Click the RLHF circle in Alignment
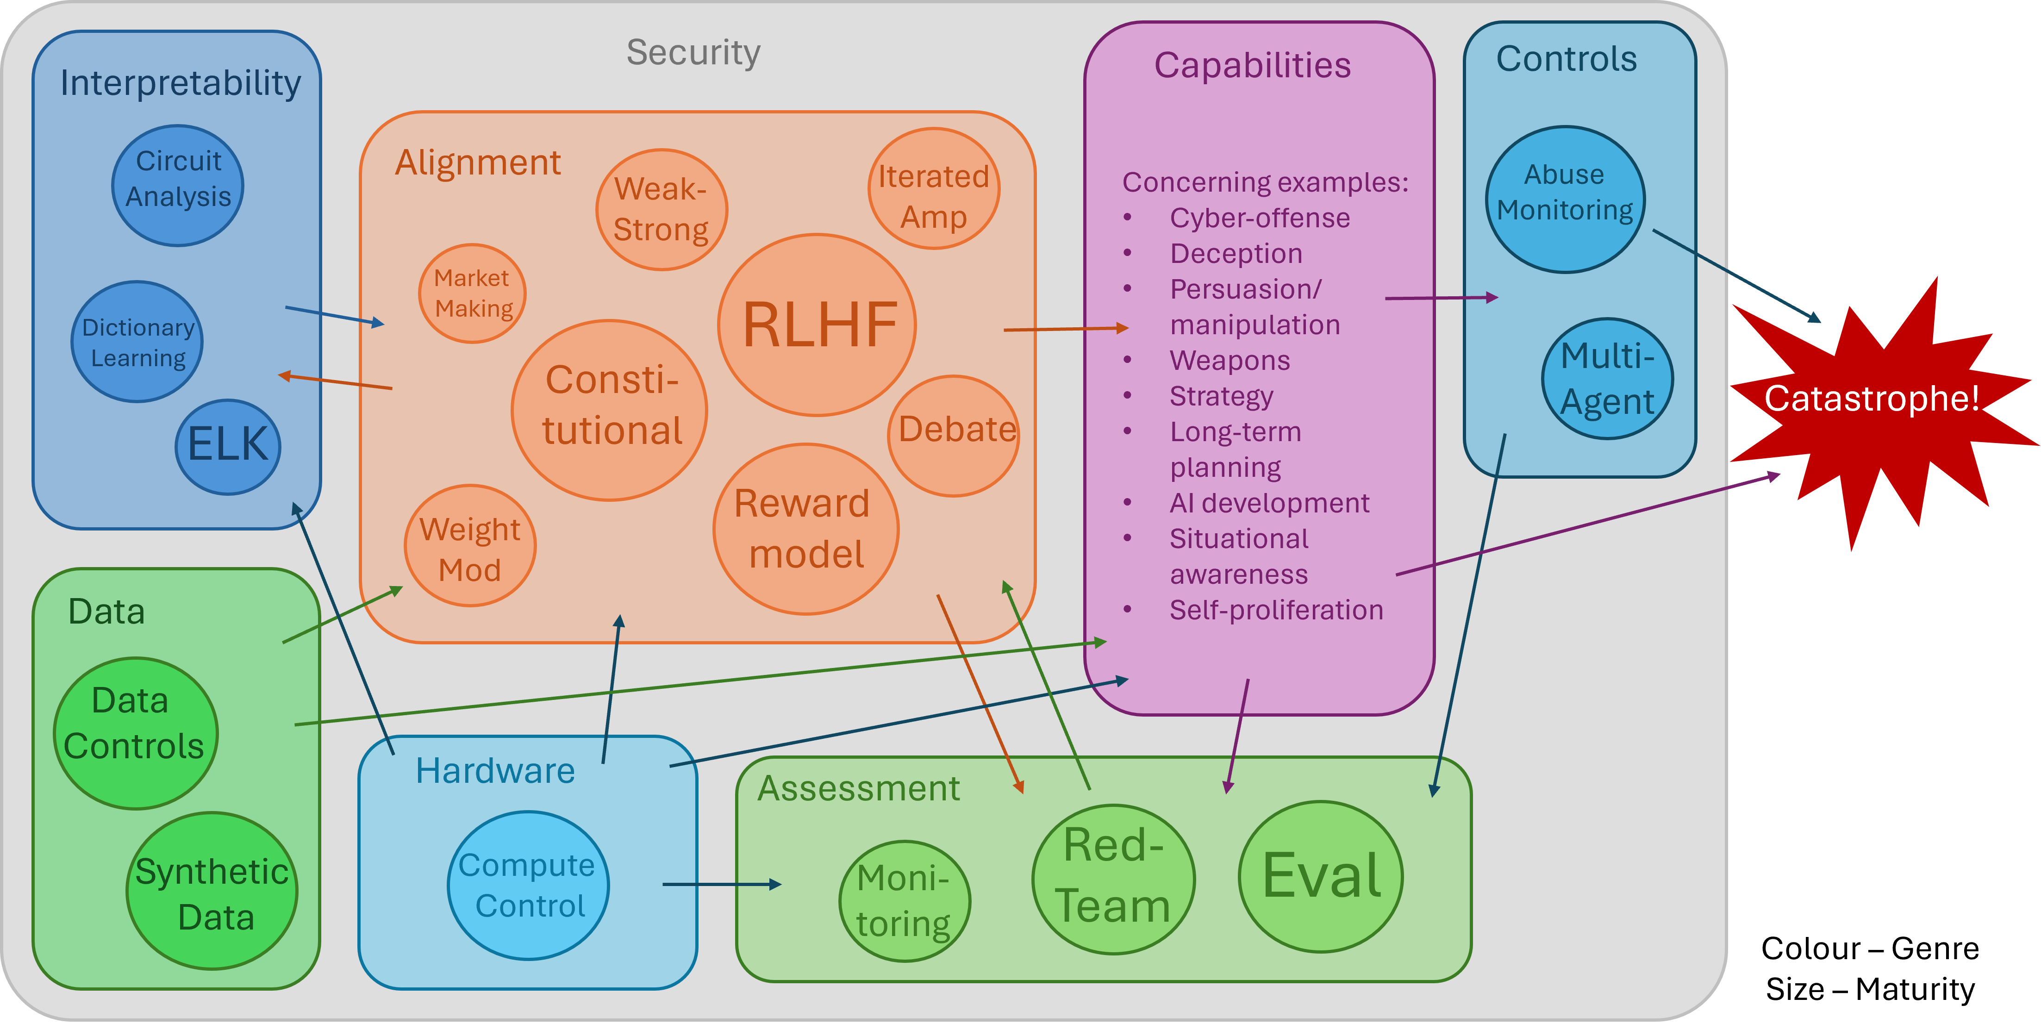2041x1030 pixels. pos(817,325)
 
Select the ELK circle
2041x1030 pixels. pos(228,447)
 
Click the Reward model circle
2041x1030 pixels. pos(806,529)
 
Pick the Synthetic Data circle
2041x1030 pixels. pos(212,891)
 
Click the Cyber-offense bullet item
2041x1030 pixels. pos(1259,218)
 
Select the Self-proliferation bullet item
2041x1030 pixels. pos(1276,610)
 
